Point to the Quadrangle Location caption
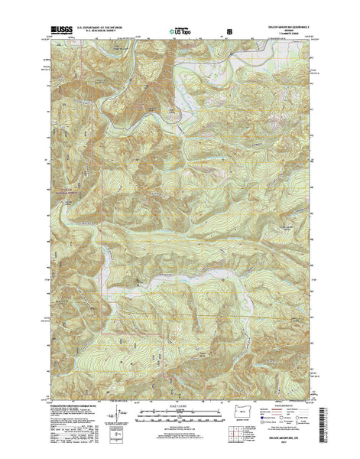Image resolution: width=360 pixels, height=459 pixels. pyautogui.click(x=244, y=431)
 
